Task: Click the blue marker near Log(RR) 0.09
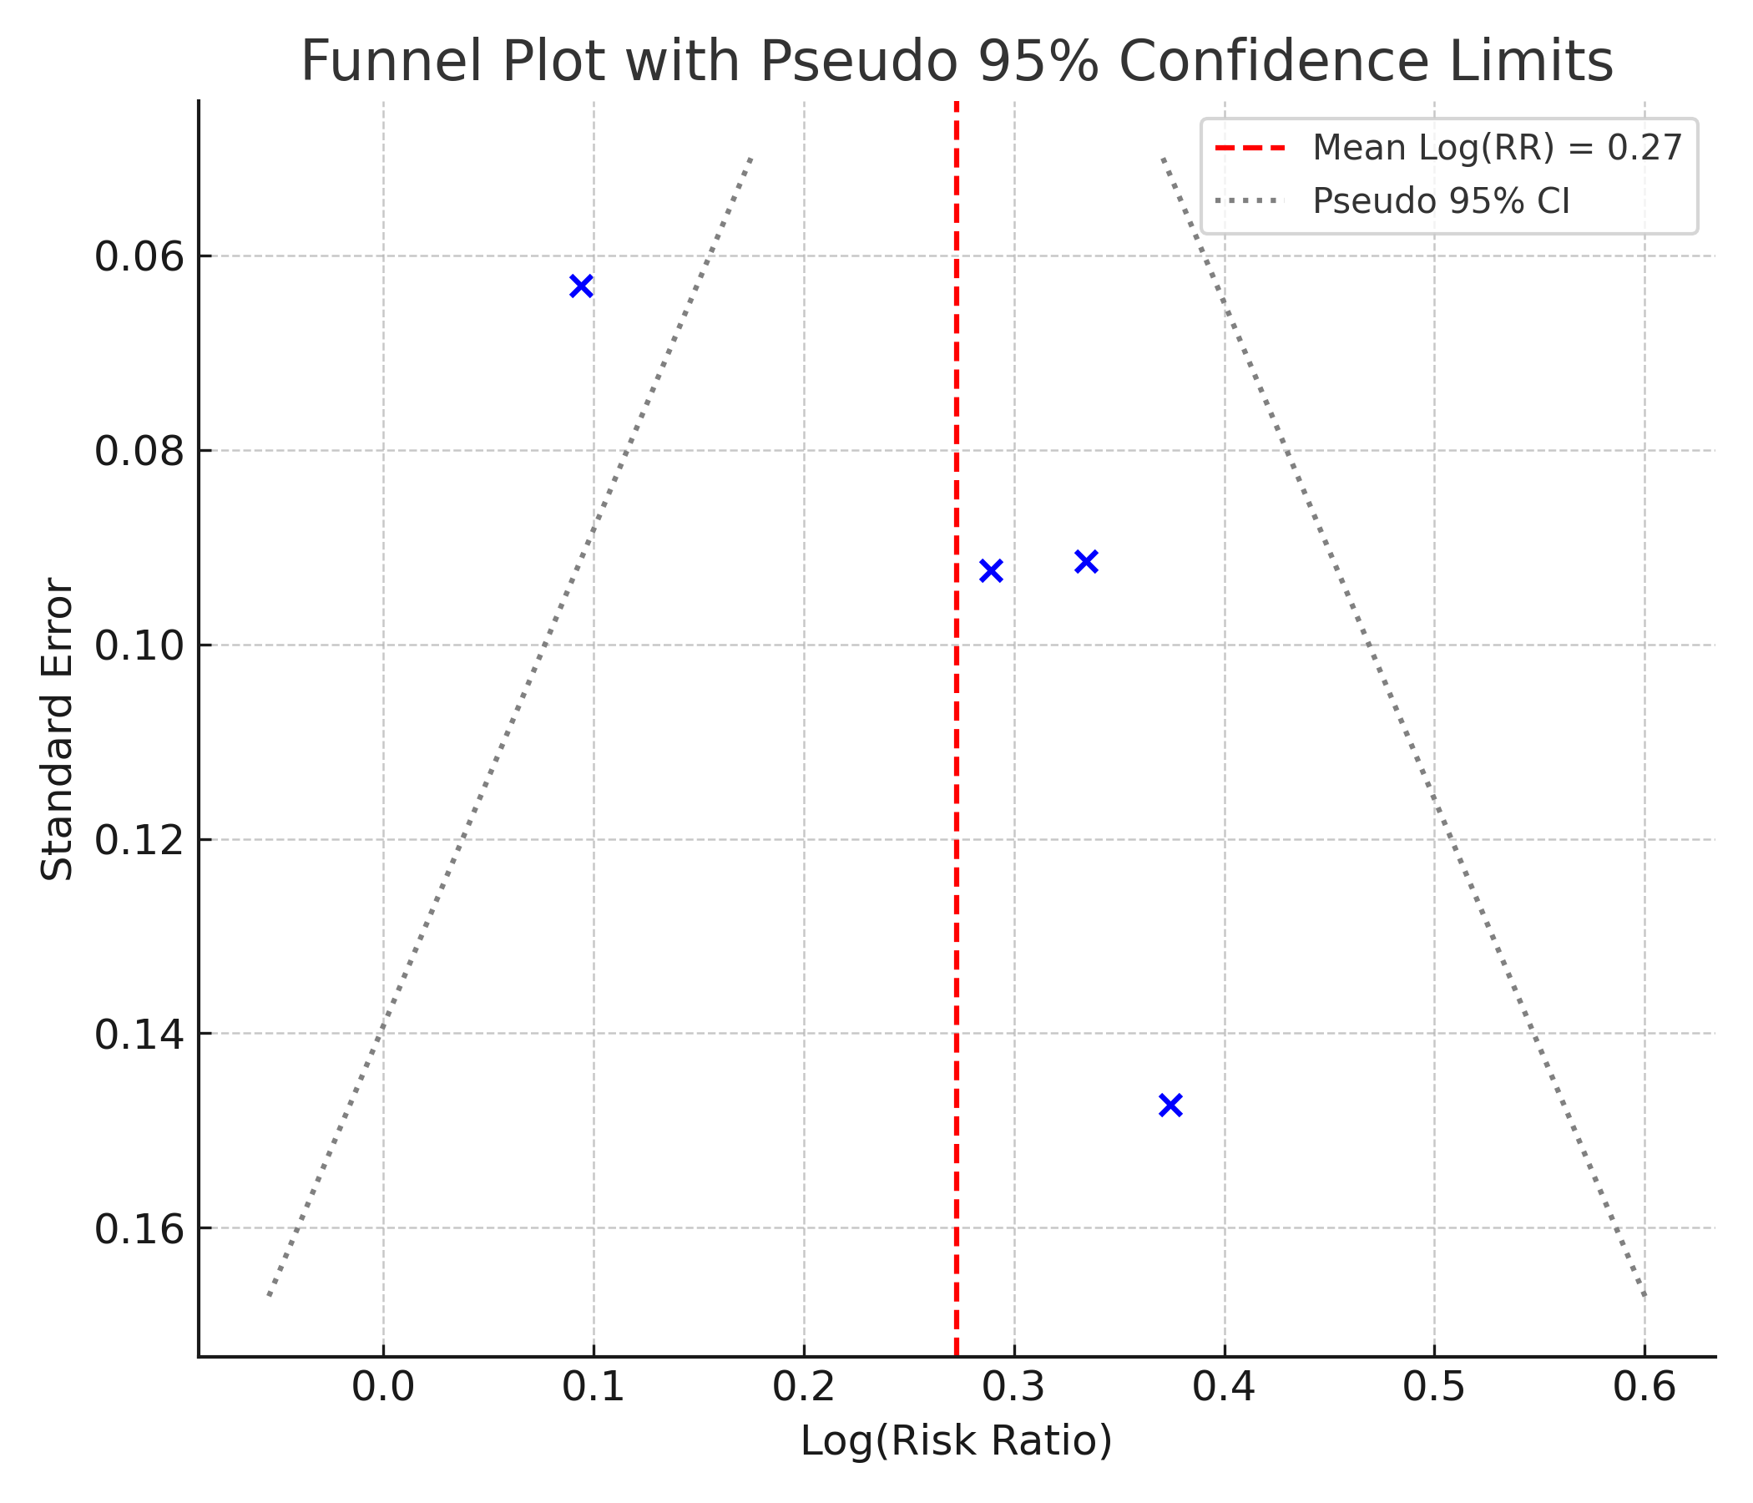[x=580, y=286]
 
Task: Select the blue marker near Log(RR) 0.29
[x=991, y=570]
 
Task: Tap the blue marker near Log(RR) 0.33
[x=1086, y=561]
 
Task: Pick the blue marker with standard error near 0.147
[x=1170, y=1105]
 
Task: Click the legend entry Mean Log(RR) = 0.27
[x=1497, y=148]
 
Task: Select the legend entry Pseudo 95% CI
[x=1441, y=201]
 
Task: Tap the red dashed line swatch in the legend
[x=1250, y=148]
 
